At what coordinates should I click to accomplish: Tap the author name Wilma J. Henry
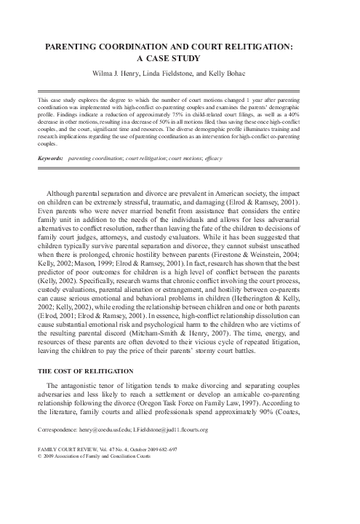pos(115,73)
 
